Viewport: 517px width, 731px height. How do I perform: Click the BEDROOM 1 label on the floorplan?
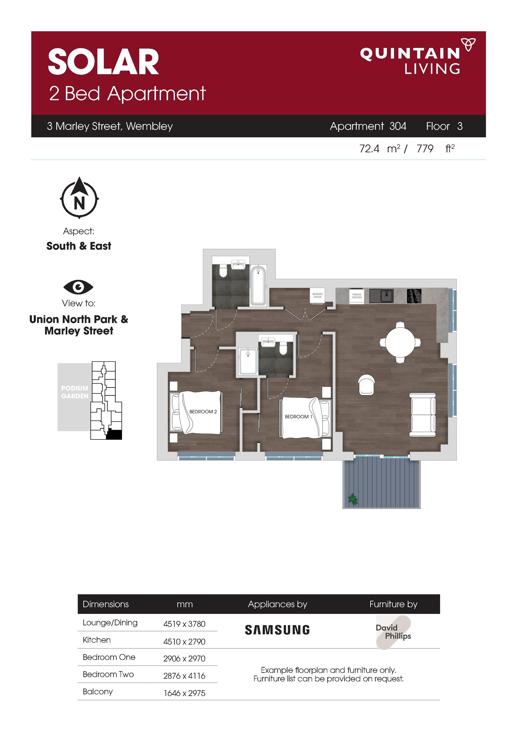(298, 416)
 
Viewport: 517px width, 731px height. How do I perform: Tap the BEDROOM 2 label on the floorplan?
(203, 412)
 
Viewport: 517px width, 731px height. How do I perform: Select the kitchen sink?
(381, 296)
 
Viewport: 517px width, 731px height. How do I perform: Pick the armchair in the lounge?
(366, 385)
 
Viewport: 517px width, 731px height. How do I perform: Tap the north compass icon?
(79, 198)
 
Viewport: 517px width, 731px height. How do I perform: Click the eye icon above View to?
(78, 287)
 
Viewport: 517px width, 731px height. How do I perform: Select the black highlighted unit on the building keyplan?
(114, 435)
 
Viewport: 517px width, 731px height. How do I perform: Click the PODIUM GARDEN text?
(75, 392)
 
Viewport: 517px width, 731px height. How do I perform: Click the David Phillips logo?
(393, 632)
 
